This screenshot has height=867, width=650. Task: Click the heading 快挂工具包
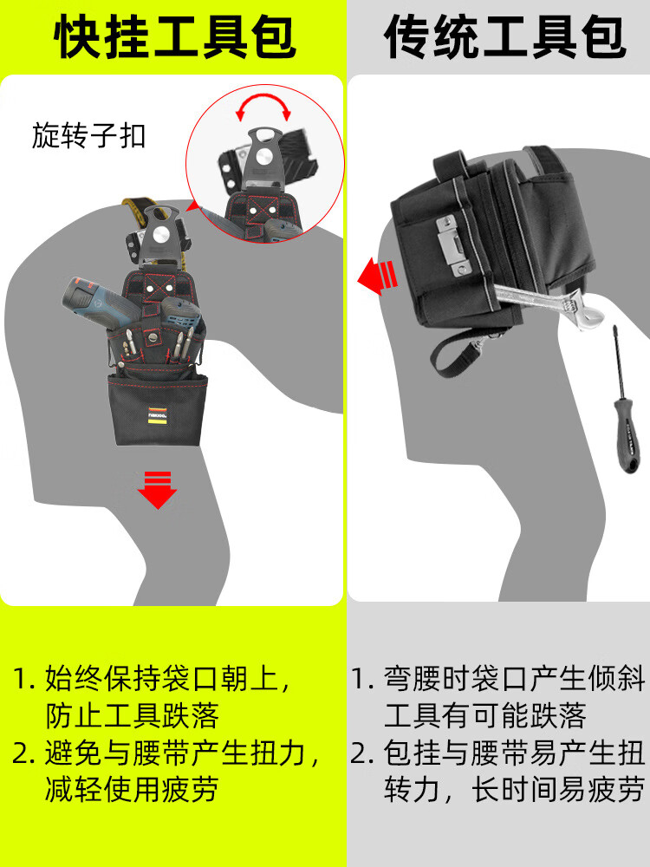[x=175, y=36]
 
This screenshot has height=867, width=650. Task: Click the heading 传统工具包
[x=505, y=36]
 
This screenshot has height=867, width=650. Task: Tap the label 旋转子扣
[x=88, y=136]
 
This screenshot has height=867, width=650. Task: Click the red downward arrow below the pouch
[x=158, y=490]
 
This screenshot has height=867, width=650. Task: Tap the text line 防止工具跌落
[x=132, y=715]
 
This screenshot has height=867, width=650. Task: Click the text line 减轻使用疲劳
[x=132, y=788]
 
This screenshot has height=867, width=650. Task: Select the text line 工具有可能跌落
[x=484, y=715]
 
